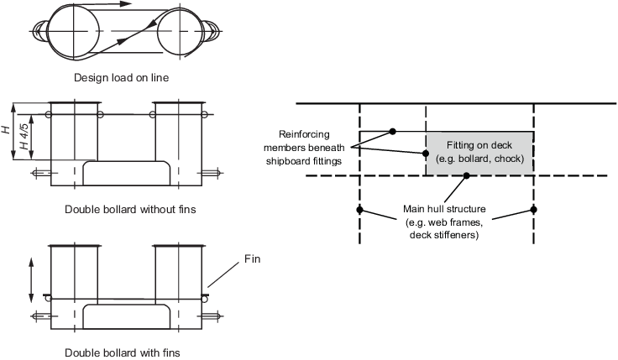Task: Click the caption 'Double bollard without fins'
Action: click(129, 209)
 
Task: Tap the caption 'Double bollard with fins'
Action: click(123, 352)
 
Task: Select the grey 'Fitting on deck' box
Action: click(479, 153)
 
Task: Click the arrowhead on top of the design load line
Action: click(125, 4)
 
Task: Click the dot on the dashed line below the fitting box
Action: click(468, 175)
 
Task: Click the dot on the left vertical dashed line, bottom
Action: click(359, 209)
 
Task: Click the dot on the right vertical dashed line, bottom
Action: click(533, 209)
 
